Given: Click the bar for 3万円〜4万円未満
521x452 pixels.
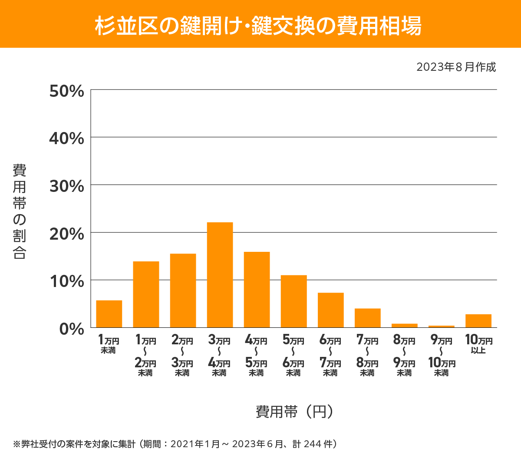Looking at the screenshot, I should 220,275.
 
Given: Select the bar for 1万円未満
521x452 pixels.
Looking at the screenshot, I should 109,314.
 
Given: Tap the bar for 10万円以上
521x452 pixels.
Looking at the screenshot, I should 478,321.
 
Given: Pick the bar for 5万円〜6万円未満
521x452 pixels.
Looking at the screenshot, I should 293,301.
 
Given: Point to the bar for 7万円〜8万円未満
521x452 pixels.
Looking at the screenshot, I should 367,318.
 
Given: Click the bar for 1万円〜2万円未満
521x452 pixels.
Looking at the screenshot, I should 146,294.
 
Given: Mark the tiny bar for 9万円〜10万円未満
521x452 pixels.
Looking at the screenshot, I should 441,327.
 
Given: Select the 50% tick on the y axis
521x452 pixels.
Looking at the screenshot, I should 66,91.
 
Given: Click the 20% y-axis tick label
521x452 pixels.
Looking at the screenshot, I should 66,234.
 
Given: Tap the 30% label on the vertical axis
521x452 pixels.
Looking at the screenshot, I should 66,186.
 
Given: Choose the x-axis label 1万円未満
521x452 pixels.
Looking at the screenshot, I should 109,344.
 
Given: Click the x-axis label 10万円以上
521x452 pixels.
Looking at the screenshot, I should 478,344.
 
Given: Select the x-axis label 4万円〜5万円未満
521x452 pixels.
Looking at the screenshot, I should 256,356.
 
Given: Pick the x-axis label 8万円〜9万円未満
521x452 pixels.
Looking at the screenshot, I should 404,356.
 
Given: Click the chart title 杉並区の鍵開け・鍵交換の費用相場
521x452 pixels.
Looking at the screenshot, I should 258,26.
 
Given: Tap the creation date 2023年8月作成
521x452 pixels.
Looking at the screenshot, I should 456,67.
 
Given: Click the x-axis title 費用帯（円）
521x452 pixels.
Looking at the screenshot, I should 294,411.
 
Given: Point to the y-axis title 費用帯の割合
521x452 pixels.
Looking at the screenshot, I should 20,211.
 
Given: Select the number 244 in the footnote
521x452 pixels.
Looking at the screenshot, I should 313,444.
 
